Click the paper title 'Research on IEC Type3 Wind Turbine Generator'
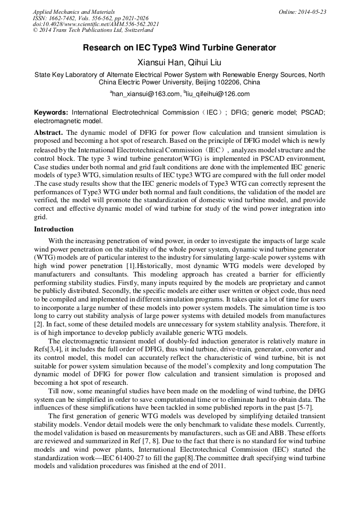[x=179, y=48]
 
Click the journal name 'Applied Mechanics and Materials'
[x=74, y=12]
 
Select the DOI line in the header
[x=96, y=24]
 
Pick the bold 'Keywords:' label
[x=51, y=113]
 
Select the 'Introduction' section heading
[x=54, y=229]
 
